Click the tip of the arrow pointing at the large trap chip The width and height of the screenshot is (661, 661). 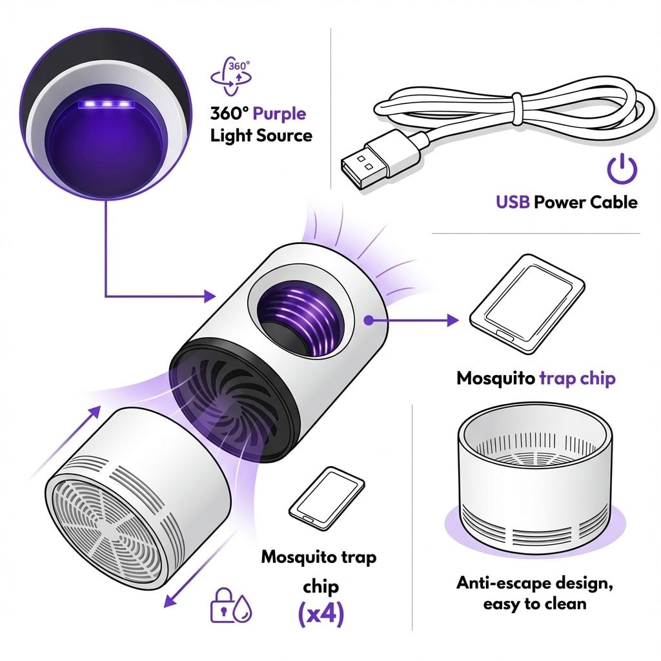click(x=459, y=321)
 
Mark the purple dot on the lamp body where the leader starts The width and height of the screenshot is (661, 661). click(x=369, y=321)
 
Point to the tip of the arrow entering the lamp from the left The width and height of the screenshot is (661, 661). click(x=216, y=296)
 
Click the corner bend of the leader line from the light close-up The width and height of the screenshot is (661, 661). click(x=106, y=296)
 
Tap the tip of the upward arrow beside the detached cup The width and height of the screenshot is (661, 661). click(x=101, y=407)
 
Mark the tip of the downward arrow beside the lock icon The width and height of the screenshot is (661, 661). click(x=165, y=607)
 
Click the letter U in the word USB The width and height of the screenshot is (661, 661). click(x=501, y=202)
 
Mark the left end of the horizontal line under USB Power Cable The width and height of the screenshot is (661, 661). click(x=432, y=233)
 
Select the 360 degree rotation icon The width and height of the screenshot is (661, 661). click(x=231, y=76)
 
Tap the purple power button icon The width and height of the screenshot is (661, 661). click(x=622, y=168)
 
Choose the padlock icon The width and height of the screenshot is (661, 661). click(x=222, y=605)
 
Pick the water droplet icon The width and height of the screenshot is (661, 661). click(x=243, y=609)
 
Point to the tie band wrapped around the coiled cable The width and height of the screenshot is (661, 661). click(x=517, y=109)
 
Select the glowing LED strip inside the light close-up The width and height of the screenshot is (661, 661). click(x=106, y=104)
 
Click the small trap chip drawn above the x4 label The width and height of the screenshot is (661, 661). click(x=327, y=498)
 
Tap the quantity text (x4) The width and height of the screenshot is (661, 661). click(x=321, y=614)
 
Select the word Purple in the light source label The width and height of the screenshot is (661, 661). click(x=279, y=114)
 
